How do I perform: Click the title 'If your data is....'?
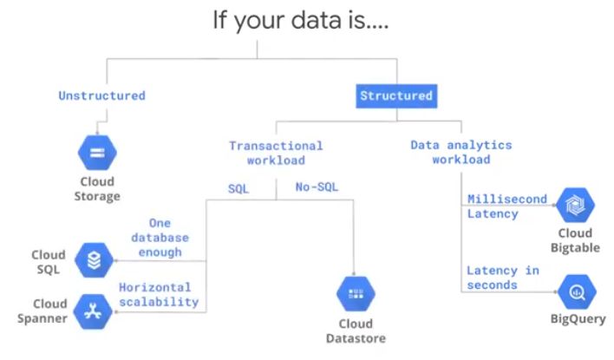tap(301, 21)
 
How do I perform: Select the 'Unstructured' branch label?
tap(101, 95)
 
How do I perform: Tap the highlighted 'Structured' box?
tap(396, 95)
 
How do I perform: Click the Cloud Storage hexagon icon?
tap(96, 153)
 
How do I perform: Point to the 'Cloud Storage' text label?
tap(96, 189)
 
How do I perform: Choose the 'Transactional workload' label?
tap(276, 153)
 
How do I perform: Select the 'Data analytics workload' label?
tap(461, 152)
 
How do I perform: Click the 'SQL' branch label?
tap(239, 187)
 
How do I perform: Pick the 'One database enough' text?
tap(159, 237)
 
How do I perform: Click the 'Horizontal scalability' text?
tap(159, 295)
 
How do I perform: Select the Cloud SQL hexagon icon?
tap(93, 259)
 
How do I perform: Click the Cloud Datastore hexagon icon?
tap(356, 293)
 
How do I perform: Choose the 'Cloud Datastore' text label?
tap(356, 331)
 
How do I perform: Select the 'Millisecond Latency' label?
tap(507, 206)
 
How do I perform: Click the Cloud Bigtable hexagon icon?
tap(575, 205)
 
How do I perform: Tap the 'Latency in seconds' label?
tap(503, 278)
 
